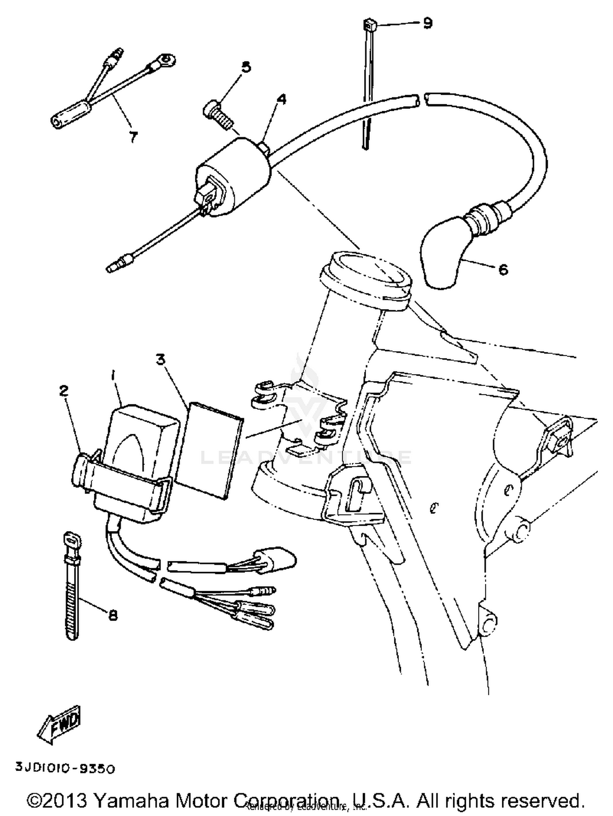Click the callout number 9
427,23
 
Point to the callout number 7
133,137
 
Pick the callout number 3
161,360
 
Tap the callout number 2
63,391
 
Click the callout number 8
113,615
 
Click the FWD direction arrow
60,729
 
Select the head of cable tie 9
369,27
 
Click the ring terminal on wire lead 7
167,61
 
